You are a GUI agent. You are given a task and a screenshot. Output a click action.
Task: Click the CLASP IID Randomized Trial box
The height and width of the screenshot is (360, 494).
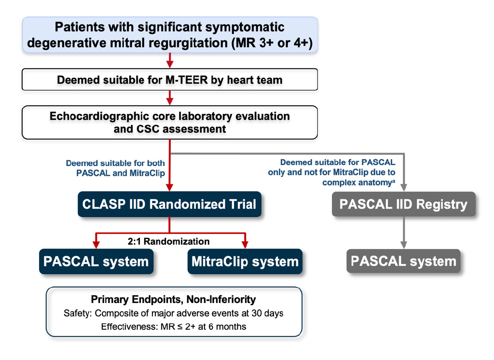pos(169,204)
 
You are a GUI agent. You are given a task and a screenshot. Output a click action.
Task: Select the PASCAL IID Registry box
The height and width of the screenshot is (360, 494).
pos(404,204)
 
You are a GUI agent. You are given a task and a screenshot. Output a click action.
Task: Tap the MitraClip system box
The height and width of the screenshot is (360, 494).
pos(245,262)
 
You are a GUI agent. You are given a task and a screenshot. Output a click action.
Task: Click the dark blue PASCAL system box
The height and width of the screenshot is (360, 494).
pos(96,262)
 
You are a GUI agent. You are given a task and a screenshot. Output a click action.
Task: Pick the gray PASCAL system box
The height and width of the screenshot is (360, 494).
pos(403,261)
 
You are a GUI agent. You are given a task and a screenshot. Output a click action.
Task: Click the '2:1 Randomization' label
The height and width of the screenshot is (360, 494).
pos(168,241)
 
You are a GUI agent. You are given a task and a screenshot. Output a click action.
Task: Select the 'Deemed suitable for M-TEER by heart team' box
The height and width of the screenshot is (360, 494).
pos(169,79)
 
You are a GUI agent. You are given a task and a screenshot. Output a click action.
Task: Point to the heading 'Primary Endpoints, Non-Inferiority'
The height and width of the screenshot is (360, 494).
pos(173,299)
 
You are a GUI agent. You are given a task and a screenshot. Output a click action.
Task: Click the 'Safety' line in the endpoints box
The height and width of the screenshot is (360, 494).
pos(173,313)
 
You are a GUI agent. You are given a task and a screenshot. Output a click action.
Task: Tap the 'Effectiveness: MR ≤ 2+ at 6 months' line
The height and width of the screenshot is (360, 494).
pos(173,327)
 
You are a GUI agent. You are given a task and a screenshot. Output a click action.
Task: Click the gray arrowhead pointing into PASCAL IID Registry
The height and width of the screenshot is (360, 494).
pos(404,188)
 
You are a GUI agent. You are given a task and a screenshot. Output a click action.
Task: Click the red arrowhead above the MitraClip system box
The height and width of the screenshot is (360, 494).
pos(245,244)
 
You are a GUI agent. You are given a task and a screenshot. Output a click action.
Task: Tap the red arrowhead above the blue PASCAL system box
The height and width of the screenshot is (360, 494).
pos(96,244)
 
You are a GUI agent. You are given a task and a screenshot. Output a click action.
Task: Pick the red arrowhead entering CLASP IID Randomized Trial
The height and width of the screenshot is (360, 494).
pos(169,188)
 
